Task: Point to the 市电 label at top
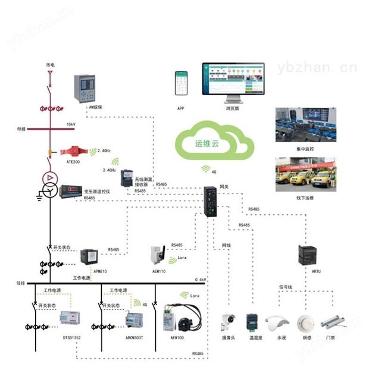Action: (50, 64)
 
